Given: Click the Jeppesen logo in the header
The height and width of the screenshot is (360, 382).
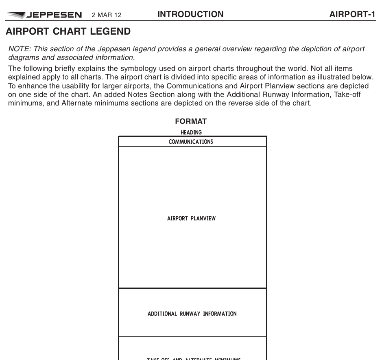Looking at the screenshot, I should point(44,15).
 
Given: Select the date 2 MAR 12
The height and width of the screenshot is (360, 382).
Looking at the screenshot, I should point(107,15).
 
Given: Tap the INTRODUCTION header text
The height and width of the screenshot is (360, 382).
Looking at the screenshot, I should point(190,15).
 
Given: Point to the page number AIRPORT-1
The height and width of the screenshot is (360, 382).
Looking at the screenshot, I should point(352,15).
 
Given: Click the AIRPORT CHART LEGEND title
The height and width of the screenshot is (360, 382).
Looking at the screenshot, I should point(68,32).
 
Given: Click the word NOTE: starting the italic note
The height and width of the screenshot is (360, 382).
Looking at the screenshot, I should point(19,49).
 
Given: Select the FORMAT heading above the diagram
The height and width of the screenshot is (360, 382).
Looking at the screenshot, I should point(191,121).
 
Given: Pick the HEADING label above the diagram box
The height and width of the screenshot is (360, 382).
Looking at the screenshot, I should point(191,132).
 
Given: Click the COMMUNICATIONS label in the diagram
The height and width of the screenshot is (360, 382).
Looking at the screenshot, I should point(191,142).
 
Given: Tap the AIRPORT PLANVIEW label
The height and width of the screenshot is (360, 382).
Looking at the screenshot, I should point(191,219).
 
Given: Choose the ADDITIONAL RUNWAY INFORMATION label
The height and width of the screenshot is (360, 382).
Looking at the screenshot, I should point(192,314).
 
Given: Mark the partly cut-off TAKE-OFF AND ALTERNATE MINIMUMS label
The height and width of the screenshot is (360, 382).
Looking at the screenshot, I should point(194,358).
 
